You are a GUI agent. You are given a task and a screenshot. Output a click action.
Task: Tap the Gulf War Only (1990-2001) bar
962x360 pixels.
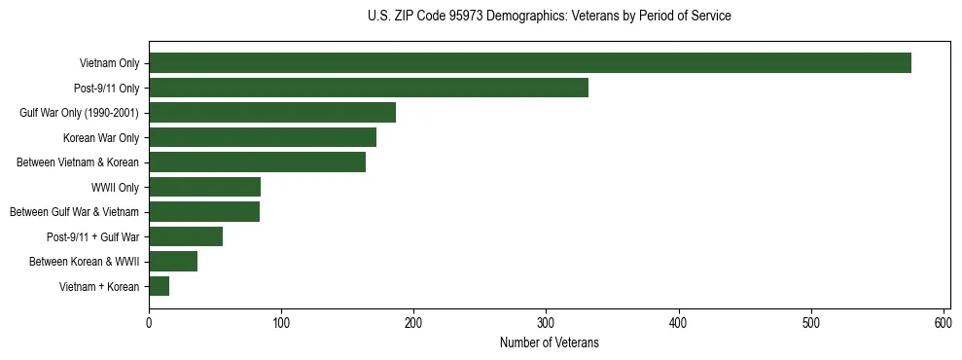(272, 113)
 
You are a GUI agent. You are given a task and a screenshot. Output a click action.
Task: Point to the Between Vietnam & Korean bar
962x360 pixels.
(257, 162)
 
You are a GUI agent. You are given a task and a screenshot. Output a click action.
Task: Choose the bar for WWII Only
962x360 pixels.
(204, 187)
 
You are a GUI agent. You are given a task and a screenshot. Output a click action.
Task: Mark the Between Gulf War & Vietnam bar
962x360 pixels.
(204, 212)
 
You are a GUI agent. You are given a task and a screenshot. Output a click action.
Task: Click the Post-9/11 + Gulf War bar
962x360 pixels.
(186, 236)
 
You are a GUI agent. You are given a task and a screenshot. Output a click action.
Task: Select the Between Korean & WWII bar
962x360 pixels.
(173, 261)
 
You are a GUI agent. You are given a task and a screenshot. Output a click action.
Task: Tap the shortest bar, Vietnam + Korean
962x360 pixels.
(160, 286)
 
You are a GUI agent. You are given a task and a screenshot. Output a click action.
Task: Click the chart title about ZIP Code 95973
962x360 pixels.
(550, 17)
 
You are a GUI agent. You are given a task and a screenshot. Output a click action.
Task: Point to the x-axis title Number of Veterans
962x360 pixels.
(550, 343)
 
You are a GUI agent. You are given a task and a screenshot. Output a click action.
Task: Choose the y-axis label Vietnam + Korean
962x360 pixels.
(99, 286)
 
